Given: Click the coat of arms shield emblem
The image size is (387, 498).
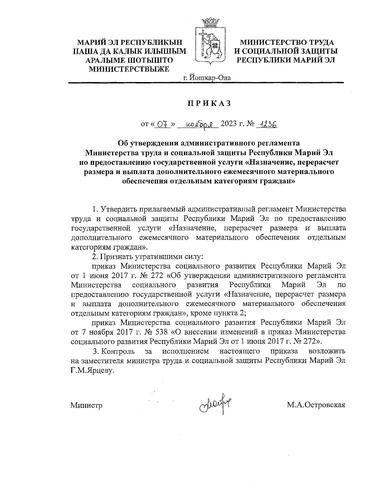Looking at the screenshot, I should coord(210,47).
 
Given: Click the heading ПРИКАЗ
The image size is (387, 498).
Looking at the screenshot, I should coord(210,103).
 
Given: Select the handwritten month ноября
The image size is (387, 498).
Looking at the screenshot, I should coord(198,124).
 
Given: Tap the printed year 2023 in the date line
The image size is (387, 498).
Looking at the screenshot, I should coord(230,124).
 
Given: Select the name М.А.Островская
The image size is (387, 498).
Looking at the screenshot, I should coord(316,405).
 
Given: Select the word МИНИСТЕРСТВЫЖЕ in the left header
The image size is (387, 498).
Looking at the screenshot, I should coord(129,68).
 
